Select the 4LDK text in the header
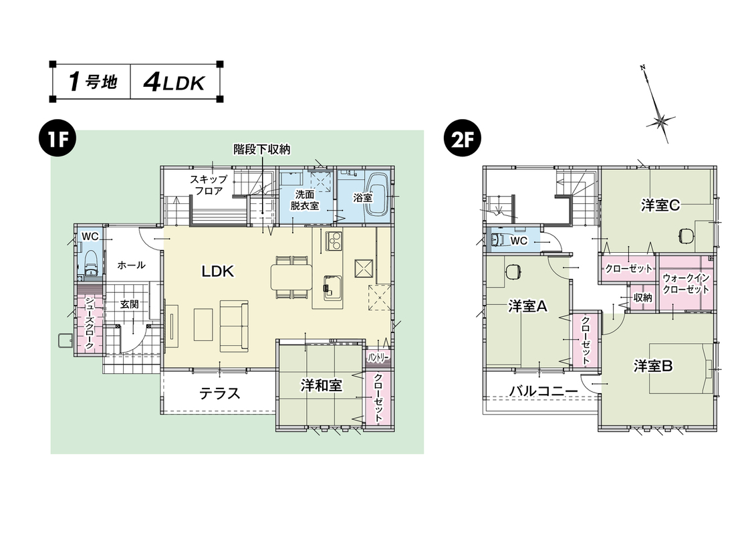coord(173,82)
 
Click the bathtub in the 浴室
coord(378,195)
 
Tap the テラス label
coord(219,393)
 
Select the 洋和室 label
coord(321,386)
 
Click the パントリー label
coord(378,358)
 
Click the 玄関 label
coord(129,303)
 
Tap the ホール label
coord(132,265)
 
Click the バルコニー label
coord(542,391)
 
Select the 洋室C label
coord(660,206)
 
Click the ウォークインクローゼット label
coord(686,284)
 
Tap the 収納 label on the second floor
coord(642,298)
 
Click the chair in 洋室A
coord(513,272)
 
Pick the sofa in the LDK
coord(233,325)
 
